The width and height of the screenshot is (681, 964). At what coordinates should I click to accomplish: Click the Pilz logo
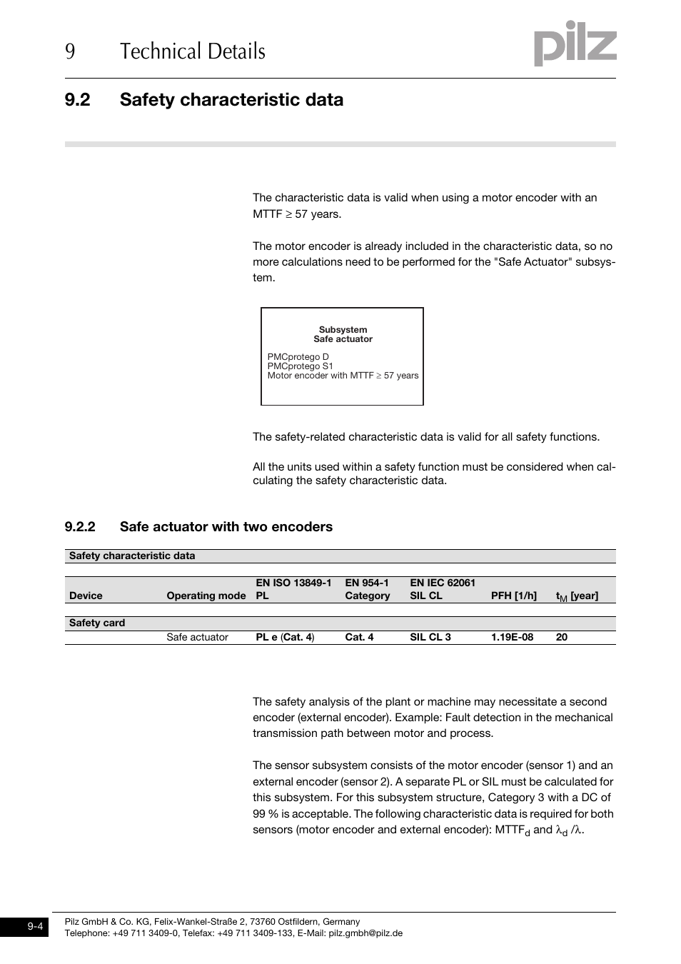(575, 44)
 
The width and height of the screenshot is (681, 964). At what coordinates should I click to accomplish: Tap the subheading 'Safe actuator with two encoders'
(226, 527)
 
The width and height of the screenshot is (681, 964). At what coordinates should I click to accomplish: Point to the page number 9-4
(36, 926)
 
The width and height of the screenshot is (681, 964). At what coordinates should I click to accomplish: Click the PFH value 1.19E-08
(512, 637)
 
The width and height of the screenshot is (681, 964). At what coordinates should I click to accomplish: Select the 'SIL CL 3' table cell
(430, 637)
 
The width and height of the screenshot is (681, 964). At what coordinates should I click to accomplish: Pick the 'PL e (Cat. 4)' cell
(285, 637)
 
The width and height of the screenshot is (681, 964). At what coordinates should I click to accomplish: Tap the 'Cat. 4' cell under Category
(359, 637)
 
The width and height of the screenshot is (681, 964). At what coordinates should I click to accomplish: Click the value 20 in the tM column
(562, 637)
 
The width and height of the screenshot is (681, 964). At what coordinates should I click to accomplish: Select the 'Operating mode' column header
(206, 596)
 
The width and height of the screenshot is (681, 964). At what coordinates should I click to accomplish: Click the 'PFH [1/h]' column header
(513, 596)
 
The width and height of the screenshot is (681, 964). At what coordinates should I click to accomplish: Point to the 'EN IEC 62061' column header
(442, 583)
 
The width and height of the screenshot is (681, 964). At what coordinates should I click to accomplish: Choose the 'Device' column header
(86, 596)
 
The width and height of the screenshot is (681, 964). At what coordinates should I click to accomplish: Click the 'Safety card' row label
(97, 623)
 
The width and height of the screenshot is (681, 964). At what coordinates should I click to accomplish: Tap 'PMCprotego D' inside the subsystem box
(298, 357)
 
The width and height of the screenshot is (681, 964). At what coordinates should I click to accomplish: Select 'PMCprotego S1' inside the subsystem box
(300, 366)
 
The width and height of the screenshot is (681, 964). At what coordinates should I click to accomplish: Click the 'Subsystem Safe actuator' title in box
(343, 334)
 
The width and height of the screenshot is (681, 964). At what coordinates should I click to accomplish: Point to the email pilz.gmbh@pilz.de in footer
(365, 933)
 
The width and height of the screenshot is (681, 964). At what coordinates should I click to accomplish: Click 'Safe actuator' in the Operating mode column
(197, 637)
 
